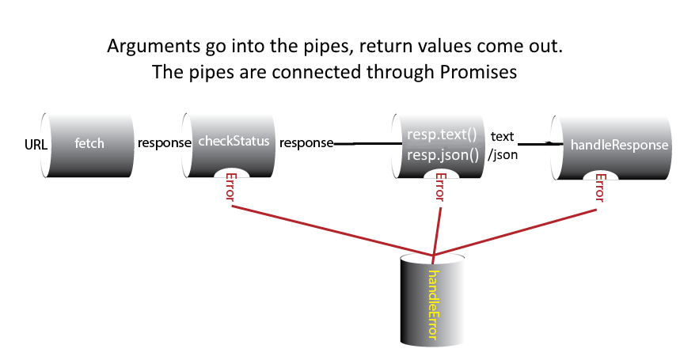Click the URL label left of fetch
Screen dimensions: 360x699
pyautogui.click(x=36, y=145)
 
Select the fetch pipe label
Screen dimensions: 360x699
pyautogui.click(x=89, y=144)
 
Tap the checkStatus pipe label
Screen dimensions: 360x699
pyautogui.click(x=234, y=142)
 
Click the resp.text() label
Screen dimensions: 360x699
pyautogui.click(x=441, y=135)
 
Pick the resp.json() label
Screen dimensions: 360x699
pyautogui.click(x=443, y=154)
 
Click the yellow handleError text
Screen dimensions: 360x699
pyautogui.click(x=432, y=305)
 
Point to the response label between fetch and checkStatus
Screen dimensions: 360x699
pyautogui.click(x=165, y=143)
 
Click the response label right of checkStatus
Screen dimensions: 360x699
pyautogui.click(x=306, y=143)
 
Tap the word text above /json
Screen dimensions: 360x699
pyautogui.click(x=503, y=135)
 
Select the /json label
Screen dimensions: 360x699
pyautogui.click(x=503, y=154)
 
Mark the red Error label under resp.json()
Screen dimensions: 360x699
pyautogui.click(x=440, y=188)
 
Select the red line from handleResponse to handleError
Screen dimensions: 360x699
pyautogui.click(x=515, y=233)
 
